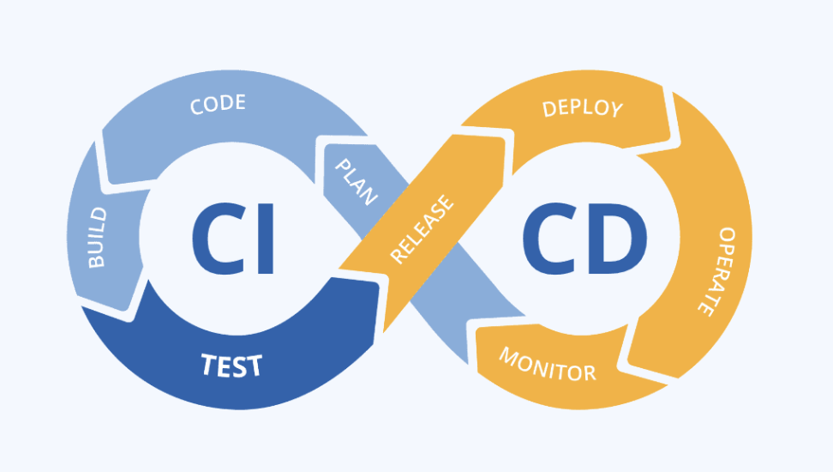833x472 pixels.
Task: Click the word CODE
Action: (x=218, y=105)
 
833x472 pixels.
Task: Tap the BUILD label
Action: (x=97, y=237)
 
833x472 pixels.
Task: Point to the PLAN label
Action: (x=355, y=181)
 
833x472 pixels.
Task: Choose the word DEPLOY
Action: (x=583, y=108)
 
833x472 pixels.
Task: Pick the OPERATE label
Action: (x=715, y=271)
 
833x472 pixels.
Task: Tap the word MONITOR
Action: (x=548, y=364)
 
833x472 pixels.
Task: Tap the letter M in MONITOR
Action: (x=508, y=354)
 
